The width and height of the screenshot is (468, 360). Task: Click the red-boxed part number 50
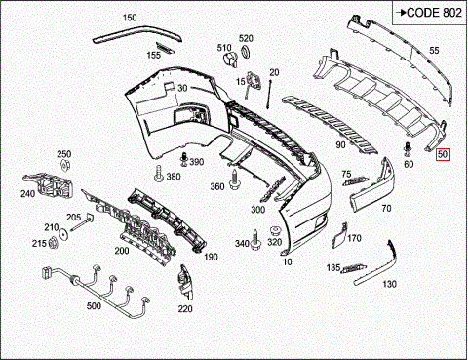tap(443, 154)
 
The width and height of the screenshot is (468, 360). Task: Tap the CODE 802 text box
tap(429, 13)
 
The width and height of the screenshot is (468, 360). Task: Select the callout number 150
tap(130, 18)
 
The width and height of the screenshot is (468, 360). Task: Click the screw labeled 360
tap(234, 180)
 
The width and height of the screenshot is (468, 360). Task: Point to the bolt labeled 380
tap(158, 174)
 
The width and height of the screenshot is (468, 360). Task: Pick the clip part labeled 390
tap(184, 158)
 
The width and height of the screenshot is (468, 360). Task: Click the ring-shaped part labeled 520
tap(245, 51)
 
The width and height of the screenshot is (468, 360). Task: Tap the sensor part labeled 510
tap(230, 60)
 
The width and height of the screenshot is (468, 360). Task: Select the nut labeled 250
tap(65, 166)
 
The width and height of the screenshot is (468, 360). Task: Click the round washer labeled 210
tap(63, 234)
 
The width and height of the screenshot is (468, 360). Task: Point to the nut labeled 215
tap(53, 243)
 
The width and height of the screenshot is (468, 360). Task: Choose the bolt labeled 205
tap(82, 222)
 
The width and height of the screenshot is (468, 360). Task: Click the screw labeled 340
tap(255, 240)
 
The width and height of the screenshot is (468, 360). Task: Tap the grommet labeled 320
tap(275, 232)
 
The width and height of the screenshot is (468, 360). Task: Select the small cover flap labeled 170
tap(339, 235)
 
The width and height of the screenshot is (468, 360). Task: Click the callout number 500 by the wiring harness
tap(94, 306)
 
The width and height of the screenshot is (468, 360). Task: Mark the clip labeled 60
tap(407, 150)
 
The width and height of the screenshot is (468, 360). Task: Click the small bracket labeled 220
tap(185, 282)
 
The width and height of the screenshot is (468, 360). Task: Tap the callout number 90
tap(340, 144)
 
